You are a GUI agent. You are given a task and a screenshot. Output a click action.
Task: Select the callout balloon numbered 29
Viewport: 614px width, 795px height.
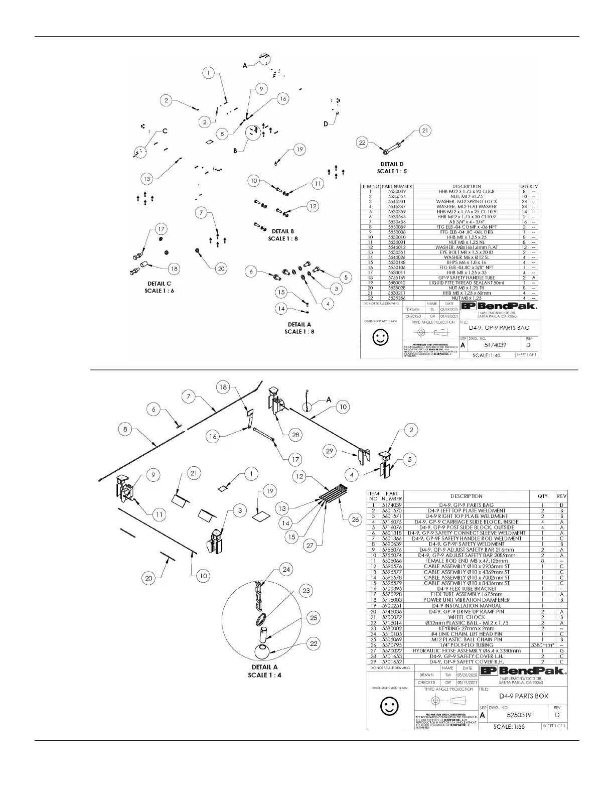tap(329, 451)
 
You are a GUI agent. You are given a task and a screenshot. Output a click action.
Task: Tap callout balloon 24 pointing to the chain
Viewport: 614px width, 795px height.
tap(286, 569)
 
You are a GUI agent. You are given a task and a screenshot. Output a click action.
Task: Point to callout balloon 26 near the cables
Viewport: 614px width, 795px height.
tap(355, 519)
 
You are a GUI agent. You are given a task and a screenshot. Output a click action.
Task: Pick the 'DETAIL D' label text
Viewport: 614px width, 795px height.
tap(392, 164)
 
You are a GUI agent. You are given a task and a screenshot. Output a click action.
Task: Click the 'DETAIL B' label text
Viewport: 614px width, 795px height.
tap(283, 231)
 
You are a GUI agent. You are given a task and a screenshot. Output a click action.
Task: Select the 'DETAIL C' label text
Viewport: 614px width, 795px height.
tap(160, 284)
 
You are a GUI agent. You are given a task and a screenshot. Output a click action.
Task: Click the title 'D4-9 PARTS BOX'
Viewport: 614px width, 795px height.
tap(523, 696)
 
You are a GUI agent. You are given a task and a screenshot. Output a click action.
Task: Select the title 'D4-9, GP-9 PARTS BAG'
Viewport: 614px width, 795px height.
tap(499, 328)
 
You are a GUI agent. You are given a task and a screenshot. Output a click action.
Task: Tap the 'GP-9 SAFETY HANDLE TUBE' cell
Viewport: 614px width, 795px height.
tap(467, 278)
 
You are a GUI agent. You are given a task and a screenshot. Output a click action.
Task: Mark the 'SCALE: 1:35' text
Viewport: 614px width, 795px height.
tap(509, 726)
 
